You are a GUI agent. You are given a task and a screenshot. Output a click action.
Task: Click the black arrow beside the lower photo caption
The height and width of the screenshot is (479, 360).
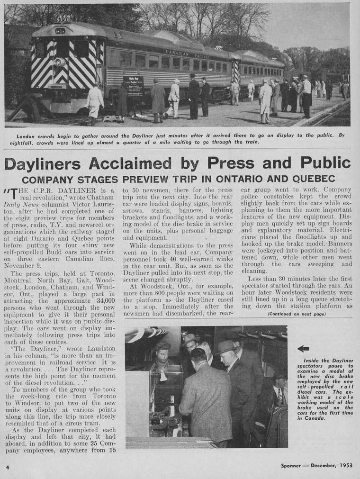click(x=303, y=349)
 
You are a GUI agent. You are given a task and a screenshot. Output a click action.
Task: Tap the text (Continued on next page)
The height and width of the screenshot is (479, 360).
click(x=297, y=314)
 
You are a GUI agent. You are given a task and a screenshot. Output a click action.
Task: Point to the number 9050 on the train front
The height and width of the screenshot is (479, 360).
click(x=62, y=20)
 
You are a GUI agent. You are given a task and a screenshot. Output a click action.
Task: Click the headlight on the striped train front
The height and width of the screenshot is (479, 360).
click(x=60, y=62)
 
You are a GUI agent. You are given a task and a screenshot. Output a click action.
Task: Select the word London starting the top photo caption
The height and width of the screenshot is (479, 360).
click(x=26, y=135)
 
